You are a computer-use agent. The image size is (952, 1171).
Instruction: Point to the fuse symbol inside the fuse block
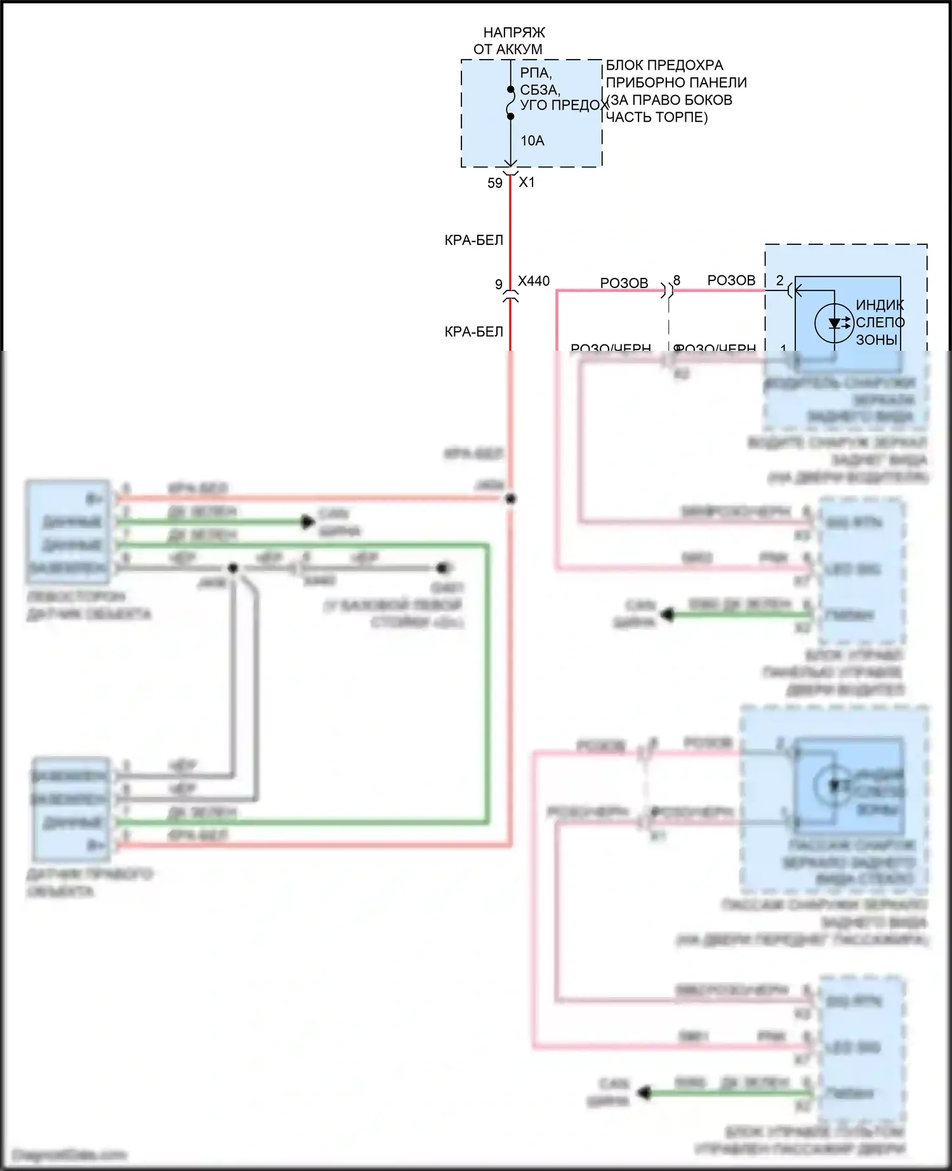(x=510, y=103)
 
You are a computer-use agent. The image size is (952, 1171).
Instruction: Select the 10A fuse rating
(x=532, y=141)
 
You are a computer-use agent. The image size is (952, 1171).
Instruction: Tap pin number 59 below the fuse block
(x=495, y=183)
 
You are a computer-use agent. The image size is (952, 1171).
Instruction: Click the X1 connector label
(x=527, y=183)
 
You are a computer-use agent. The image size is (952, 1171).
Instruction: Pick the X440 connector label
(x=534, y=281)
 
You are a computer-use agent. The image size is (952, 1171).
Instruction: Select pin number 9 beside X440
(x=499, y=285)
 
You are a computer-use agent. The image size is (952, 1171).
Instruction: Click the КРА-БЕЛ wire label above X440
(x=474, y=240)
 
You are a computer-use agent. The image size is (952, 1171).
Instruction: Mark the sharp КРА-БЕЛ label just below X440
(x=474, y=332)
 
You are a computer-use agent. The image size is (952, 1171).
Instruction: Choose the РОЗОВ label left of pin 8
(x=624, y=283)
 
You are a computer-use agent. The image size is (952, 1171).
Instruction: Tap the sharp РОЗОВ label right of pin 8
(x=731, y=280)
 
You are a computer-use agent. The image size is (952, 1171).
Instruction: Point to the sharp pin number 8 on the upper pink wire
(x=677, y=280)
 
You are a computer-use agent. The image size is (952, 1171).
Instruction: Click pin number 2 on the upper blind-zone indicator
(x=780, y=280)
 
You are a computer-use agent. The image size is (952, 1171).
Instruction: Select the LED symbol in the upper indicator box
(x=834, y=323)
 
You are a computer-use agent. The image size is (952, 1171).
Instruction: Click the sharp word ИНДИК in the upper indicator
(x=880, y=305)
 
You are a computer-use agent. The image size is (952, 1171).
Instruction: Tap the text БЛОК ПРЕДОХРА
(x=664, y=65)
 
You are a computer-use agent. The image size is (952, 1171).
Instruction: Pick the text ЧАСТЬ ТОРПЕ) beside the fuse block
(x=657, y=117)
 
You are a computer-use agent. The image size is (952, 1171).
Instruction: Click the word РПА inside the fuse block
(x=536, y=73)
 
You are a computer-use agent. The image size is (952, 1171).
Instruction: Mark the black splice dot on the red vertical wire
(x=510, y=499)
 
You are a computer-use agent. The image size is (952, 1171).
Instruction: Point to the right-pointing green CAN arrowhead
(x=308, y=522)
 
